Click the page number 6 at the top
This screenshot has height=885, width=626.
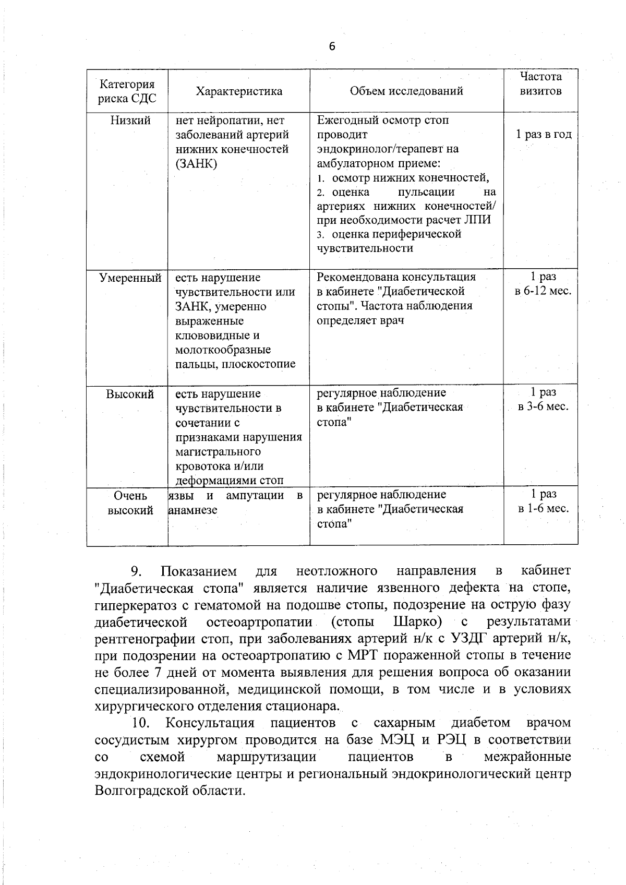click(x=332, y=47)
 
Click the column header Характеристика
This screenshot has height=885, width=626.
click(x=239, y=91)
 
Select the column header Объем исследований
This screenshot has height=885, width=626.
click(x=406, y=91)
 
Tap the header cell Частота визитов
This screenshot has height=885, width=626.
click(x=541, y=84)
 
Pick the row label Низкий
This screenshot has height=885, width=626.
click(x=130, y=121)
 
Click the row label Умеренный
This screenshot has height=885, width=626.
click(x=130, y=278)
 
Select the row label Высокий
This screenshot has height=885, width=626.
click(x=130, y=394)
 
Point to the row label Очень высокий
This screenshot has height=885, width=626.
click(x=130, y=503)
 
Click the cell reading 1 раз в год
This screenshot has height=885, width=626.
click(x=544, y=134)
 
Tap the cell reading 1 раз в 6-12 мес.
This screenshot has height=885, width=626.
click(x=543, y=284)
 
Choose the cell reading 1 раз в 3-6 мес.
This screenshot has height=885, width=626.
click(x=543, y=399)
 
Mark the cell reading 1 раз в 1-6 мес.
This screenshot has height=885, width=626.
click(x=543, y=501)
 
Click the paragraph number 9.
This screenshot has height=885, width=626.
click(x=136, y=571)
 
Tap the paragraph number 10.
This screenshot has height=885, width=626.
click(x=141, y=723)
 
